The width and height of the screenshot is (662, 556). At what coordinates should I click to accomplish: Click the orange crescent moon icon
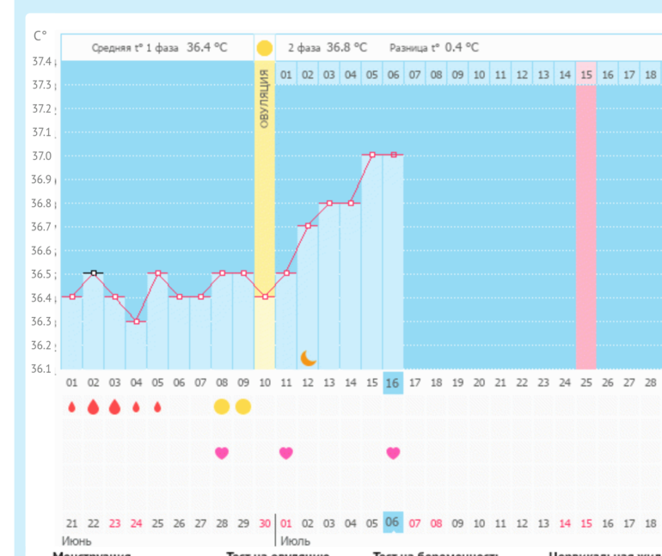pyautogui.click(x=308, y=357)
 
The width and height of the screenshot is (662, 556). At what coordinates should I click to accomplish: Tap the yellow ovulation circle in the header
pyautogui.click(x=264, y=48)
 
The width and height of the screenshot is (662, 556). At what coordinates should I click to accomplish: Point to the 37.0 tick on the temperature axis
pyautogui.click(x=42, y=156)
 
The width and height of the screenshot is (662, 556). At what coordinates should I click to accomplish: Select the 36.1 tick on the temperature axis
pyautogui.click(x=42, y=370)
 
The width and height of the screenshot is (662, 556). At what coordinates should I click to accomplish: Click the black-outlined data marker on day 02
pyautogui.click(x=93, y=272)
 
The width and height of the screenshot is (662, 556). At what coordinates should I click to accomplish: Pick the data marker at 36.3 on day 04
pyautogui.click(x=136, y=321)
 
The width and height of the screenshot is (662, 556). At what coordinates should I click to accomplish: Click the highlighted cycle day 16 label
pyautogui.click(x=393, y=383)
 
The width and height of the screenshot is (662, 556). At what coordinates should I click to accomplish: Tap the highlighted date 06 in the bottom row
pyautogui.click(x=393, y=522)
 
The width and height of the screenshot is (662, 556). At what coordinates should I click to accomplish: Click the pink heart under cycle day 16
pyautogui.click(x=393, y=453)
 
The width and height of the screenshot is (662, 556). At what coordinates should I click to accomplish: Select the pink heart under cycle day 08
pyautogui.click(x=222, y=453)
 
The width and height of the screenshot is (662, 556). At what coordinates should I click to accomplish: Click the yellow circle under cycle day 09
pyautogui.click(x=243, y=406)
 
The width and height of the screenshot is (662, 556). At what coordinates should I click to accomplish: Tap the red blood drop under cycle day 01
pyautogui.click(x=72, y=406)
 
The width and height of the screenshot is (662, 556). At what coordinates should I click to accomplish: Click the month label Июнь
pyautogui.click(x=77, y=541)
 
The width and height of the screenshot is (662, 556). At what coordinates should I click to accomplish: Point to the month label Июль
pyautogui.click(x=295, y=541)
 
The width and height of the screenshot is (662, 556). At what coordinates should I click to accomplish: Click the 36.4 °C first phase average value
pyautogui.click(x=207, y=48)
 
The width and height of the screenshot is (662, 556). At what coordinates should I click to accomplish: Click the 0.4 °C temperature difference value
pyautogui.click(x=462, y=48)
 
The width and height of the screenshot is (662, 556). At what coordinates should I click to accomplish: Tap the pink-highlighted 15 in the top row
pyautogui.click(x=586, y=75)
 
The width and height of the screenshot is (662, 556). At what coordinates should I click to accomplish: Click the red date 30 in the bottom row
pyautogui.click(x=265, y=522)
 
